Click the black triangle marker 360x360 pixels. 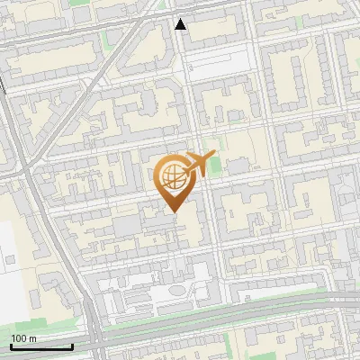coord(181,24)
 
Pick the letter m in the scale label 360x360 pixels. coord(31,338)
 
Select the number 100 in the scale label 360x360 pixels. coord(19,338)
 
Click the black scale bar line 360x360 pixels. coord(41,346)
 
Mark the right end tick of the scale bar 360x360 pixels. coord(72,345)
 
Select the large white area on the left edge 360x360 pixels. coord(11,270)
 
